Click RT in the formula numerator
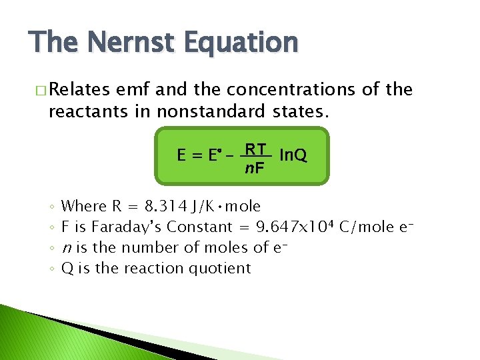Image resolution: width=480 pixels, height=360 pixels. (x=255, y=149)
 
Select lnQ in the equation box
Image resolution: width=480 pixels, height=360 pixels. (x=293, y=155)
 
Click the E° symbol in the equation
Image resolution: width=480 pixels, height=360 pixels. (x=213, y=157)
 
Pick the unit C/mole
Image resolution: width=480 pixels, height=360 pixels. (x=367, y=227)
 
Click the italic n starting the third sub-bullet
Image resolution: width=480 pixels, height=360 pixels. (x=65, y=249)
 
